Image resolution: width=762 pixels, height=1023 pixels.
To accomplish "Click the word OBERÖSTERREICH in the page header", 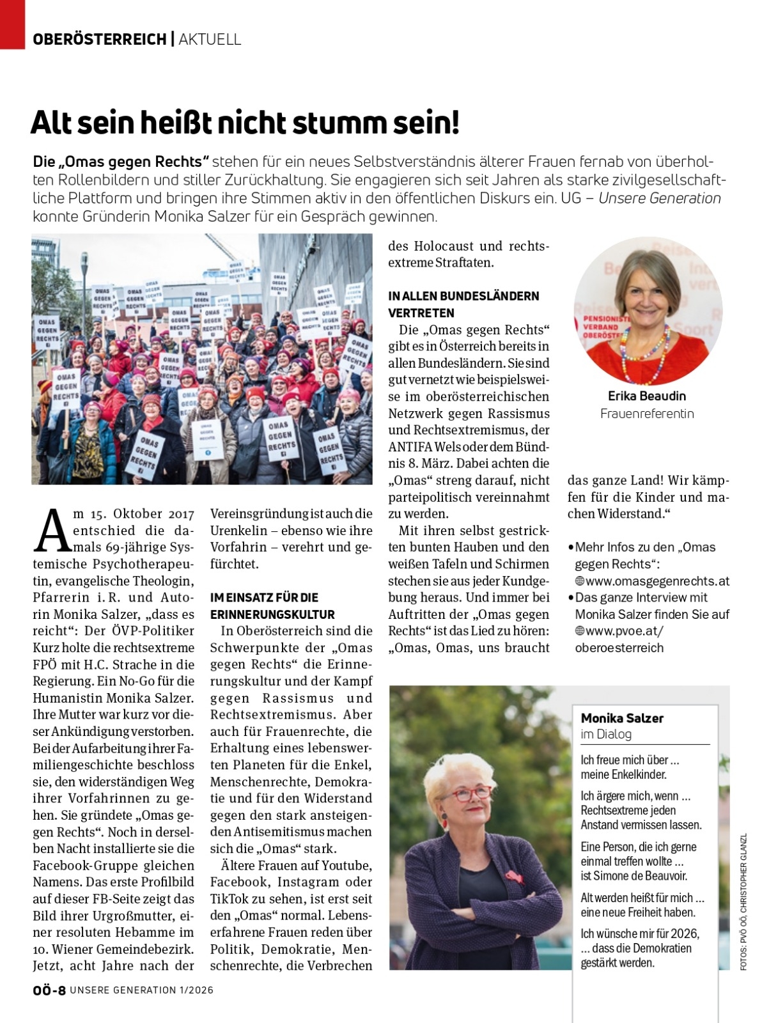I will (x=99, y=40).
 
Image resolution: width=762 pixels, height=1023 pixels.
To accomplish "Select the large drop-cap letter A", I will (x=51, y=531).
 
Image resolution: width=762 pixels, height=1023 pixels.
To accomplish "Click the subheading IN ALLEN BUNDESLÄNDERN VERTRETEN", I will (x=463, y=304).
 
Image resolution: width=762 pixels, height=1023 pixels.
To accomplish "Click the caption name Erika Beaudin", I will (x=647, y=396).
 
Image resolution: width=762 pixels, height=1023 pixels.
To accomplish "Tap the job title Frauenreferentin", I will (x=647, y=414).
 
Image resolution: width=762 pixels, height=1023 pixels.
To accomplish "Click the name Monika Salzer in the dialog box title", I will (x=622, y=718).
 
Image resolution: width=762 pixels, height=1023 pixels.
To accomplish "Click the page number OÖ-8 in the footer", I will (x=49, y=990).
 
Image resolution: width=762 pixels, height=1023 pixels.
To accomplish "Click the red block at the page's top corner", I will (x=12, y=24).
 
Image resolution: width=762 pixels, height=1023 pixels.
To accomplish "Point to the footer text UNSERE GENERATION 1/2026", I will (x=141, y=990).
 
